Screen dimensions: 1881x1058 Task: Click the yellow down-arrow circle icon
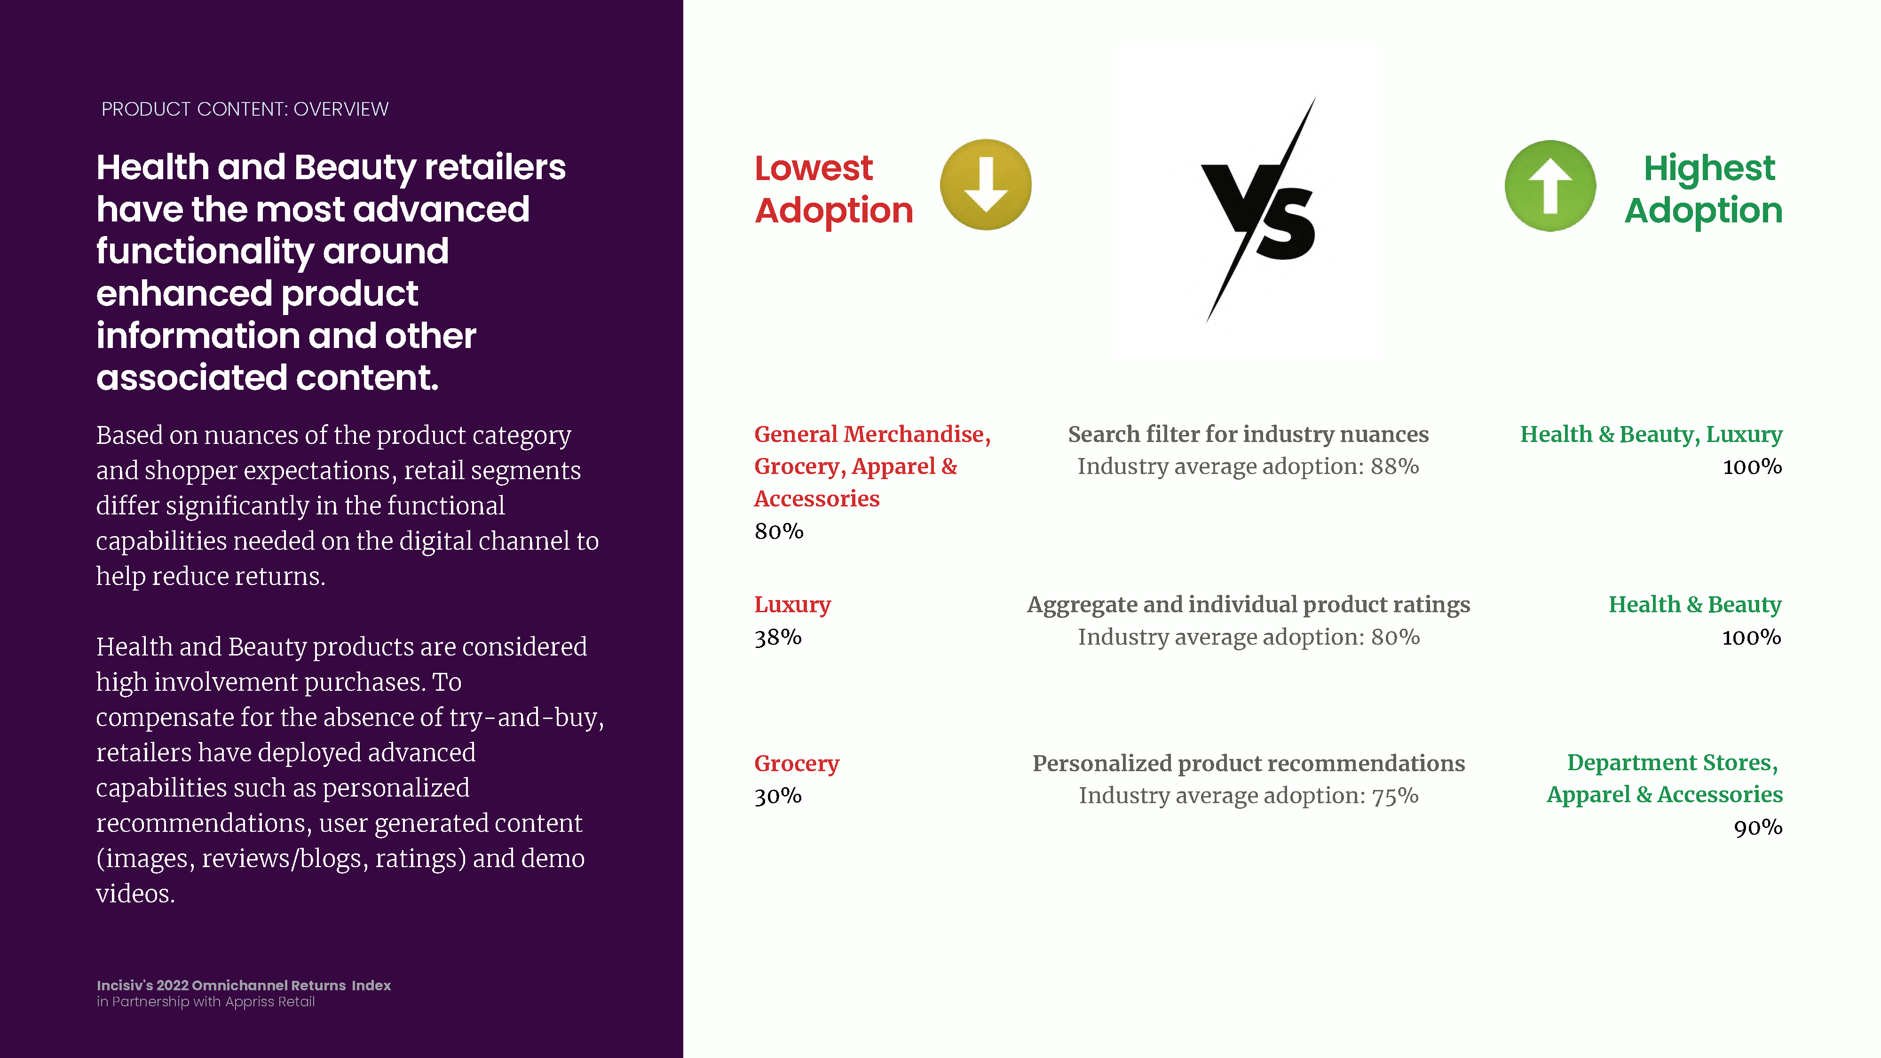986,185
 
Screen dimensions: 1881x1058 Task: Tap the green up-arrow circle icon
1550,185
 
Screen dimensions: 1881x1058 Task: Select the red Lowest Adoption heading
834,189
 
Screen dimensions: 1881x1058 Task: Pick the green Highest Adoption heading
1704,189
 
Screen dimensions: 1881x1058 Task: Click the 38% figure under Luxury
778,638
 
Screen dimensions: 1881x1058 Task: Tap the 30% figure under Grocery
778,796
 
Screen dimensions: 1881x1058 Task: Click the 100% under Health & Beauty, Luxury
1753,466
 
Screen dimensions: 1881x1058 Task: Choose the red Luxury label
792,605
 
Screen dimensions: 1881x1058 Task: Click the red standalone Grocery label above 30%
797,764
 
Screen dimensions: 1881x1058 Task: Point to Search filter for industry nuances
1249,434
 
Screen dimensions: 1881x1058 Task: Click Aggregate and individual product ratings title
1249,605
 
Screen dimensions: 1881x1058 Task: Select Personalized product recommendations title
1249,764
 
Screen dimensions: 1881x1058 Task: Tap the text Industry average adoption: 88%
1249,466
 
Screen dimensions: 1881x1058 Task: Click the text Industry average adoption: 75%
1249,796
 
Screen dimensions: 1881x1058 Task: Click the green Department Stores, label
1673,763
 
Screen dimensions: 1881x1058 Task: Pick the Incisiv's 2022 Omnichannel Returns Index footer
244,986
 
